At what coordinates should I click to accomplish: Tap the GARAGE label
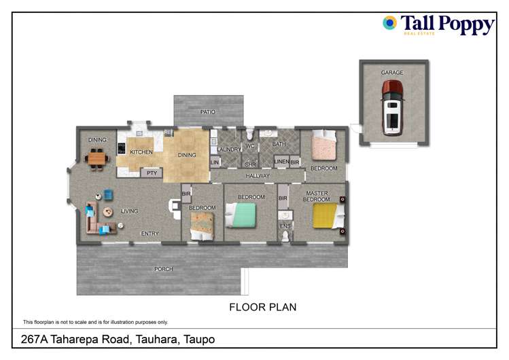[x=392, y=73]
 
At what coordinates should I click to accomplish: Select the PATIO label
[x=207, y=112]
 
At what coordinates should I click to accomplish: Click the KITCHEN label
[x=141, y=152]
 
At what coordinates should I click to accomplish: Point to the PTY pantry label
[x=152, y=173]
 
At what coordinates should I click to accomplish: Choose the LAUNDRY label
[x=230, y=149]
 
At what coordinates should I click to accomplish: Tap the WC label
[x=249, y=146]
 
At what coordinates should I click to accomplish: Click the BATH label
[x=279, y=144]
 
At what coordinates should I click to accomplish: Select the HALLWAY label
[x=258, y=176]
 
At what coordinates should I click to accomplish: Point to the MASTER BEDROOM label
[x=317, y=197]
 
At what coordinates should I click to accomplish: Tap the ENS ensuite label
[x=285, y=225]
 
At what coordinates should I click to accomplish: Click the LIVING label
[x=129, y=211]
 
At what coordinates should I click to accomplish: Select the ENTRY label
[x=150, y=234]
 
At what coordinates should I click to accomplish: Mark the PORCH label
[x=163, y=269]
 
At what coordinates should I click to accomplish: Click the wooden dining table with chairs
[x=96, y=160]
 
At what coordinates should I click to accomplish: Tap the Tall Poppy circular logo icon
[x=389, y=23]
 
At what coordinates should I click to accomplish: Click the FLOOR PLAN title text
[x=262, y=307]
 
